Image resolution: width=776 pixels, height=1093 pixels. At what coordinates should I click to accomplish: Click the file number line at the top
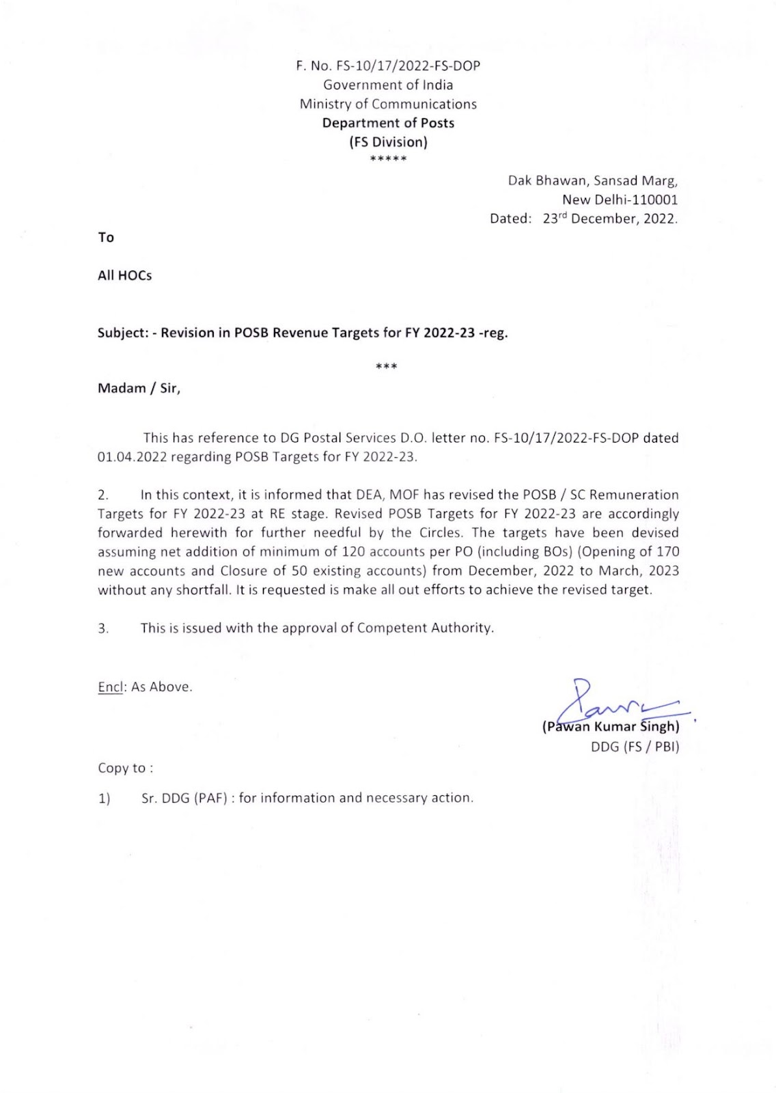(x=387, y=66)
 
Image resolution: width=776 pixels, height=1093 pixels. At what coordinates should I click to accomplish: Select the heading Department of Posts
(x=388, y=123)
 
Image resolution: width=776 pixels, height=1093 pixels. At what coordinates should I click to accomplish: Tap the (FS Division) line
(x=388, y=142)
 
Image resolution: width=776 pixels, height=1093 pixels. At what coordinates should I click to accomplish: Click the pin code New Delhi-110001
(x=620, y=199)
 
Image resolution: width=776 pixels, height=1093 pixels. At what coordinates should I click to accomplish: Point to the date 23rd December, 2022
(x=610, y=219)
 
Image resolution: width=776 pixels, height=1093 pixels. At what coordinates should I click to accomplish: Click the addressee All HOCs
(x=124, y=275)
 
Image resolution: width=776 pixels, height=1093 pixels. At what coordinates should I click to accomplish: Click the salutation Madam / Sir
(x=139, y=389)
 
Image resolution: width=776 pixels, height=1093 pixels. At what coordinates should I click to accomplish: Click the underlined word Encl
(x=110, y=687)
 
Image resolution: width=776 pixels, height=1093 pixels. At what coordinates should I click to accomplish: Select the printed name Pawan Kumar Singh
(x=611, y=727)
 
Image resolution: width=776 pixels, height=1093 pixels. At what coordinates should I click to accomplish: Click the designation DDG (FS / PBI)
(x=635, y=747)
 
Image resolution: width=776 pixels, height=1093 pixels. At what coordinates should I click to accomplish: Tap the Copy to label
(x=125, y=768)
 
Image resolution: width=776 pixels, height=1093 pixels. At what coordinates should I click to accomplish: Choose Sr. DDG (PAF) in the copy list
(x=184, y=798)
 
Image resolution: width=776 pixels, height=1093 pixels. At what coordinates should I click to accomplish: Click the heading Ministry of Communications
(x=388, y=105)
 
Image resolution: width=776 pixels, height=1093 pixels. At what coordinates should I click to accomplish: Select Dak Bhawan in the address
(x=547, y=181)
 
